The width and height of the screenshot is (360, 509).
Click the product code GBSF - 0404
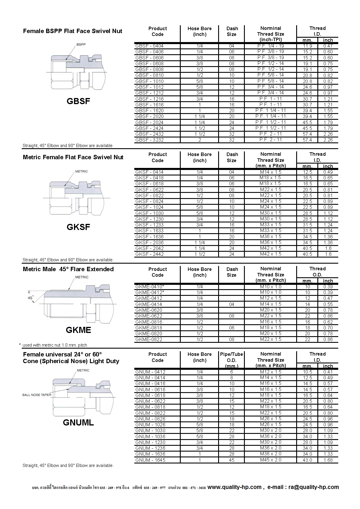pyautogui.click(x=149, y=46)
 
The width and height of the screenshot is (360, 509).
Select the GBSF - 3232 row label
pyautogui.click(x=149, y=140)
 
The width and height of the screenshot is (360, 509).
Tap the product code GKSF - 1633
pyautogui.click(x=149, y=231)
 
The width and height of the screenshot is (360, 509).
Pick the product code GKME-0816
pyautogui.click(x=149, y=322)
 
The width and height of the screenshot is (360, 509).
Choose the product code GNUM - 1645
pyautogui.click(x=150, y=460)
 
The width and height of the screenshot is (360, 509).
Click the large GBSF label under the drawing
pyautogui.click(x=78, y=101)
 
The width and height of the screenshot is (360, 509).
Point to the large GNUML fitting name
pyautogui.click(x=78, y=423)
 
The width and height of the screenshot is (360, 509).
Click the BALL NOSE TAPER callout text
pyautogui.click(x=37, y=395)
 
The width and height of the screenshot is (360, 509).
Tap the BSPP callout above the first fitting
pyautogui.click(x=81, y=44)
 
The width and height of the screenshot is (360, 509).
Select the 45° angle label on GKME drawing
pyautogui.click(x=30, y=298)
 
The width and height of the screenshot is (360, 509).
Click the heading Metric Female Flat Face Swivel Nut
pyautogui.click(x=73, y=157)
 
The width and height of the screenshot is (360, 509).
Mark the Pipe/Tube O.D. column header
pyautogui.click(x=231, y=360)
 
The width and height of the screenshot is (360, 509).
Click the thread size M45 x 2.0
pyautogui.click(x=271, y=460)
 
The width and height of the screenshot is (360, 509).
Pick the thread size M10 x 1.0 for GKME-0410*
pyautogui.click(x=271, y=287)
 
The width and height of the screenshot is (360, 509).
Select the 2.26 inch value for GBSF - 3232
pyautogui.click(x=328, y=140)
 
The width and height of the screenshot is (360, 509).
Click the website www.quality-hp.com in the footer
pyautogui.click(x=234, y=487)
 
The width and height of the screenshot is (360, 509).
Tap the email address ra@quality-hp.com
pyautogui.click(x=314, y=487)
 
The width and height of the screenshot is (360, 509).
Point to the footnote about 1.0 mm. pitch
pyautogui.click(x=55, y=345)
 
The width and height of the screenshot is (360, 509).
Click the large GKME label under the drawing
pyautogui.click(x=78, y=330)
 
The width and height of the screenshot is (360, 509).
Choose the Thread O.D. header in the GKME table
pyautogui.click(x=317, y=271)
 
